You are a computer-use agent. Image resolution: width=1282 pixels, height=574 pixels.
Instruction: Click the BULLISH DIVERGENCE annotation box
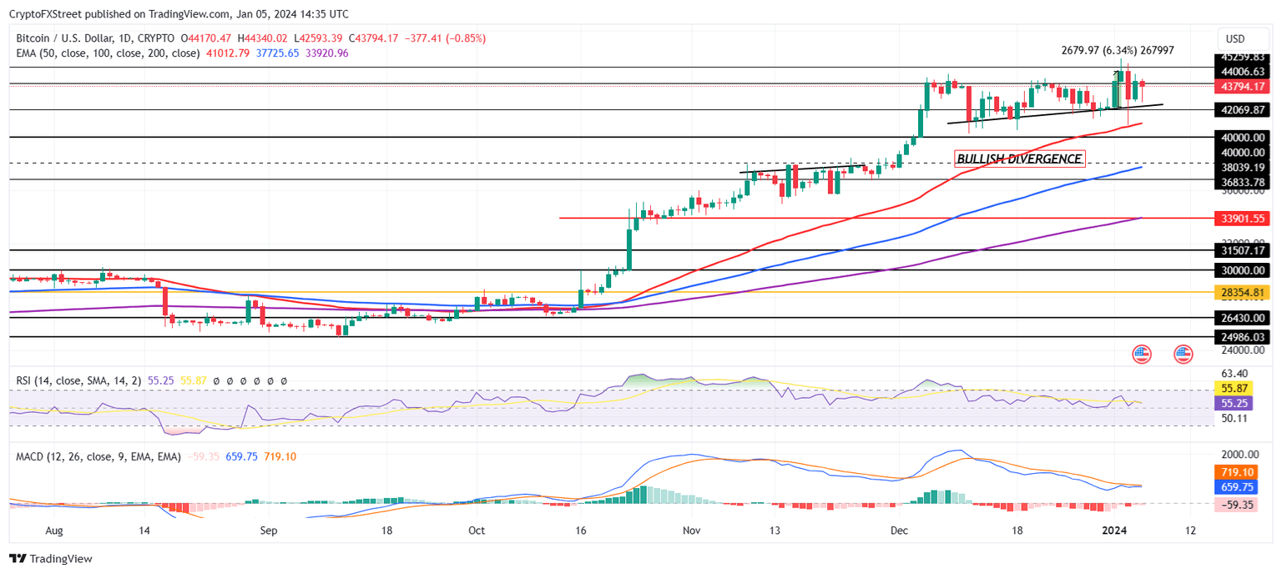pos(1019,159)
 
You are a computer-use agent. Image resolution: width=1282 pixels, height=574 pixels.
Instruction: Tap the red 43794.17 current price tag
pos(1243,86)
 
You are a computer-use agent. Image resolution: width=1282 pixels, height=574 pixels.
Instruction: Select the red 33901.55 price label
pos(1243,219)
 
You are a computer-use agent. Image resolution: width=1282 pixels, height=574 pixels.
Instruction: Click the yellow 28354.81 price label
pos(1243,292)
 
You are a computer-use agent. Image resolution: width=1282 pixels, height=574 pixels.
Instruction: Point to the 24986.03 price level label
pos(1243,336)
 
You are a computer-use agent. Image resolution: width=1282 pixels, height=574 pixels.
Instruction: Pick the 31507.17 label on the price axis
pos(1243,250)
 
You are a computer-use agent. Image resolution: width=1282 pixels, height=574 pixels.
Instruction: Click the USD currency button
pos(1234,38)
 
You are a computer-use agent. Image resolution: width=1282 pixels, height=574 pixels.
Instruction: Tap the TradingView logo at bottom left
pos(51,559)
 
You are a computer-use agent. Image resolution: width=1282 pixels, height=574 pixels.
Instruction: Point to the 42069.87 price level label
pos(1243,109)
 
